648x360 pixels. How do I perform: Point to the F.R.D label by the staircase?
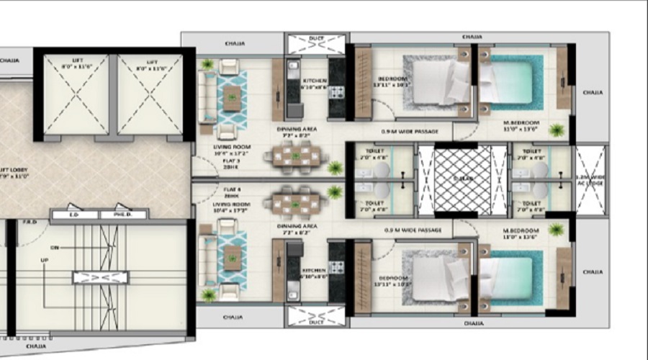[x=31, y=222]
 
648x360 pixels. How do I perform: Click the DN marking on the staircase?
[x=55, y=246]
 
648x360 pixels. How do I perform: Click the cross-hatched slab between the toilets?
[x=462, y=179]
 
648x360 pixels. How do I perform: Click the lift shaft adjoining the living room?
[x=150, y=94]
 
